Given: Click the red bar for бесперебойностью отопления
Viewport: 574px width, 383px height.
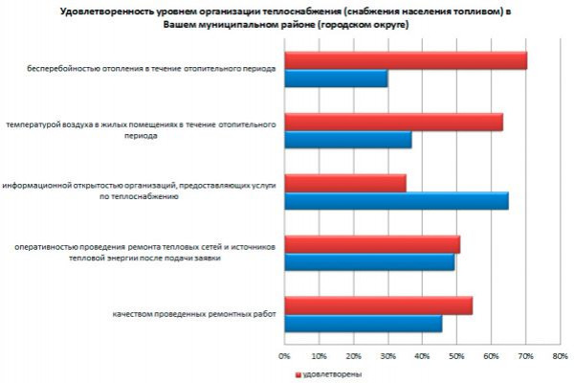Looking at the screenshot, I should click(407, 60).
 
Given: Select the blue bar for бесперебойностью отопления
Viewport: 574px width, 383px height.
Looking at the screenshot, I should click(337, 79).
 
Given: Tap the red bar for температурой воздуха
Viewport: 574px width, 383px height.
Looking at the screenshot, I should click(394, 123).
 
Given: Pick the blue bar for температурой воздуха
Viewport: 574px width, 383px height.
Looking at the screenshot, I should click(348, 140).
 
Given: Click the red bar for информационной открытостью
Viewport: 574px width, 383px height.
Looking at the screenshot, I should click(345, 183).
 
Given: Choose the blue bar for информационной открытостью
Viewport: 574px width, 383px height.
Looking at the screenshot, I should click(397, 201).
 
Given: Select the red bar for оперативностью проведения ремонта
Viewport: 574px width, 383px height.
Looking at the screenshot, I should click(372, 244).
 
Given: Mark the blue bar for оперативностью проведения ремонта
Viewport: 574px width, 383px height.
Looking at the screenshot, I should click(369, 261).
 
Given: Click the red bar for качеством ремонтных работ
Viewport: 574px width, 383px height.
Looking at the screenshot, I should click(379, 305).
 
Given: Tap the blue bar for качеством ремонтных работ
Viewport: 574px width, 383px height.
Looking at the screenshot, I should click(364, 323).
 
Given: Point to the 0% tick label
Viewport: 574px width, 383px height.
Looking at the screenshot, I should click(284, 356).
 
